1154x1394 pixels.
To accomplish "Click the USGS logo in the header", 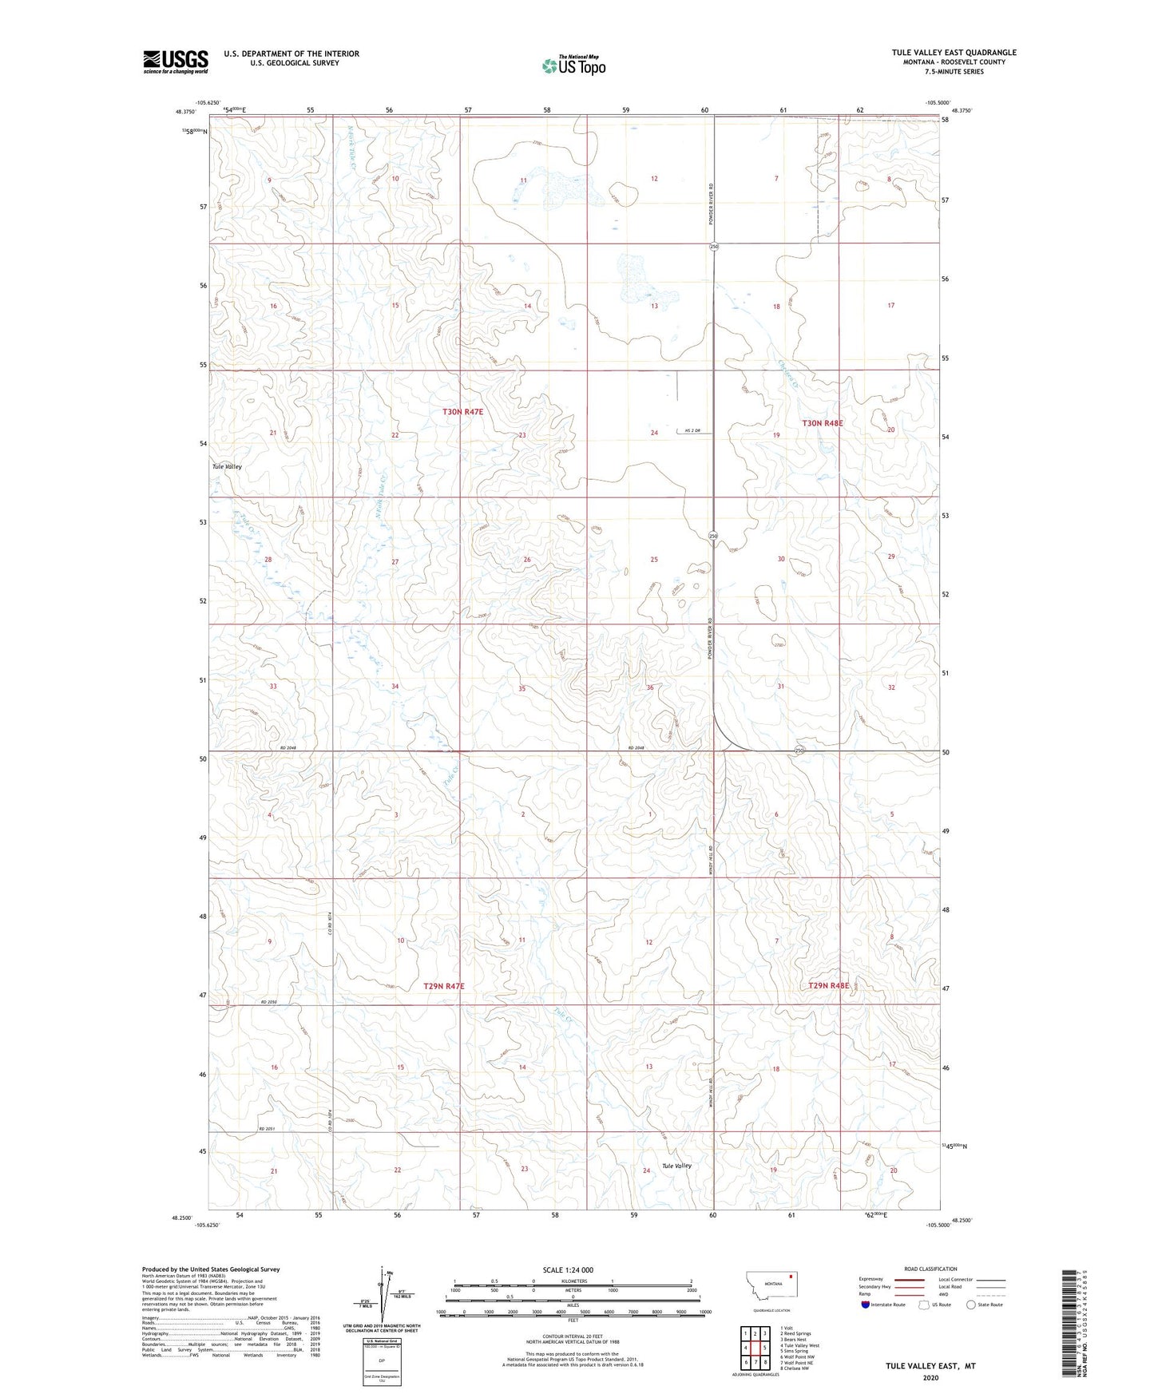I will click(x=176, y=61).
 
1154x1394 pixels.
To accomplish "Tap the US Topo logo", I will click(x=573, y=65).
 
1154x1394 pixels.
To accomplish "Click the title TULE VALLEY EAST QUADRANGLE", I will click(x=954, y=53).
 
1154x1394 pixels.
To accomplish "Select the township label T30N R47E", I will click(x=463, y=412).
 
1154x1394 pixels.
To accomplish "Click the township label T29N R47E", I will click(x=443, y=987).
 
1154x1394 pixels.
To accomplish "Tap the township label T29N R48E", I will click(x=828, y=986).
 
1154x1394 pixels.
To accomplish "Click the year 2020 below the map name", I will click(x=930, y=1378).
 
